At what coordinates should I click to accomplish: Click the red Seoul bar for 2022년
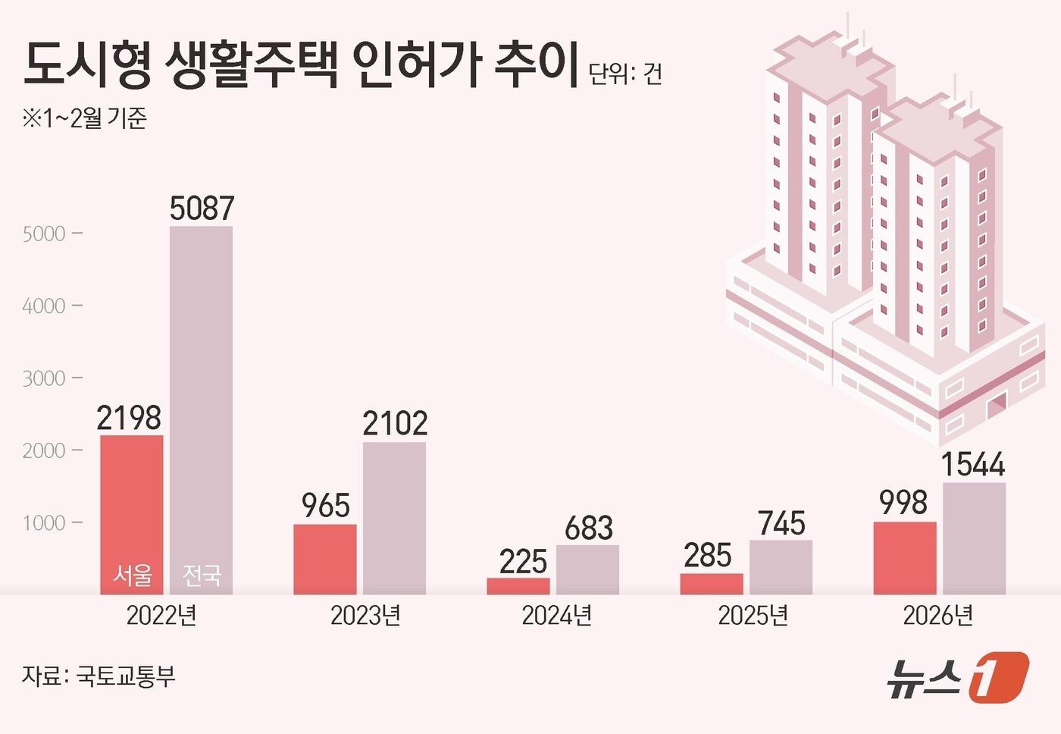click(131, 500)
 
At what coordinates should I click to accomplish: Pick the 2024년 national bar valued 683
click(587, 569)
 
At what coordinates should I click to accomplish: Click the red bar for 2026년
click(904, 558)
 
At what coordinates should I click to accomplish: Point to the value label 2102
click(395, 423)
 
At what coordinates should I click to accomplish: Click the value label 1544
click(973, 463)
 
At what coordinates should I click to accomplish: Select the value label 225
click(523, 561)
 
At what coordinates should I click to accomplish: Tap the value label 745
click(781, 523)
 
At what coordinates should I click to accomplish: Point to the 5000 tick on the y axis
click(44, 234)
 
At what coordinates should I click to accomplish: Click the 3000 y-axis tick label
click(44, 378)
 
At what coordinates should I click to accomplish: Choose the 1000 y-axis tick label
click(44, 523)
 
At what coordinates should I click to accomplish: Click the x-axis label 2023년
click(365, 615)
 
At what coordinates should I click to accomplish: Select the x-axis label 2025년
click(753, 615)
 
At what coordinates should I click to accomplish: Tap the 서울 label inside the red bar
click(132, 576)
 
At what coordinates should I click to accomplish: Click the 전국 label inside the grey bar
click(202, 576)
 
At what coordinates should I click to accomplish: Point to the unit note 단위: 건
click(625, 74)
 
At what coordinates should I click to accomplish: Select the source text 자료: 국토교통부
click(99, 676)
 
